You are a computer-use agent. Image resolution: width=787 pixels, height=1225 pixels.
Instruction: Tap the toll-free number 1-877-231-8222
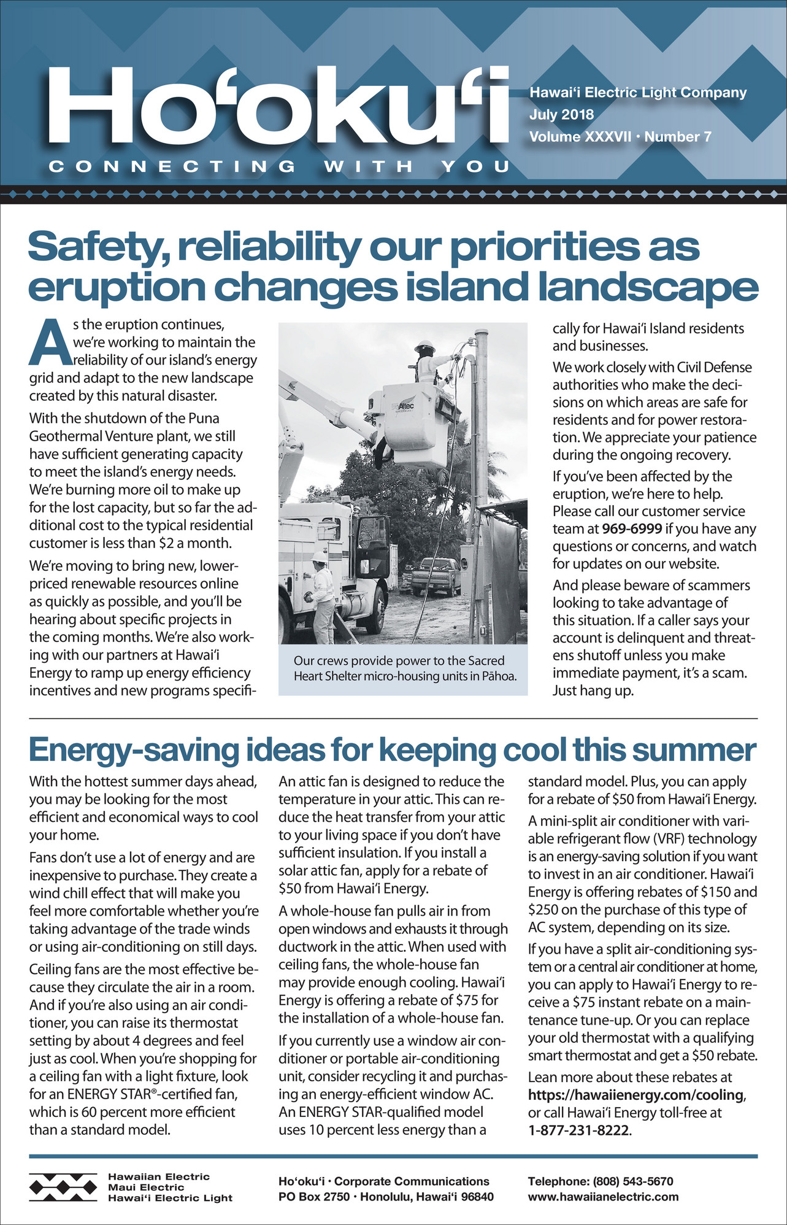[x=579, y=1130]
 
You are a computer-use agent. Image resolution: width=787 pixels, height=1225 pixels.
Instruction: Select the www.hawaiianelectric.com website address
[x=603, y=1196]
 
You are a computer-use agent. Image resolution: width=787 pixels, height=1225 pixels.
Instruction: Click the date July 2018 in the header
[x=561, y=114]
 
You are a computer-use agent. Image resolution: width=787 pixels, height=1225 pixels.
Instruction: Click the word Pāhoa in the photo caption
[x=499, y=677]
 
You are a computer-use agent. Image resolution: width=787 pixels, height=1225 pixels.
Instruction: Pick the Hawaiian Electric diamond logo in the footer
[x=63, y=1187]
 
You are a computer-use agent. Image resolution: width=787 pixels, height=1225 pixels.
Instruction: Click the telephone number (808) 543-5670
[x=632, y=1181]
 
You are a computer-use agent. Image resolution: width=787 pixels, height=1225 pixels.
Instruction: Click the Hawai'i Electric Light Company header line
[x=638, y=93]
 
